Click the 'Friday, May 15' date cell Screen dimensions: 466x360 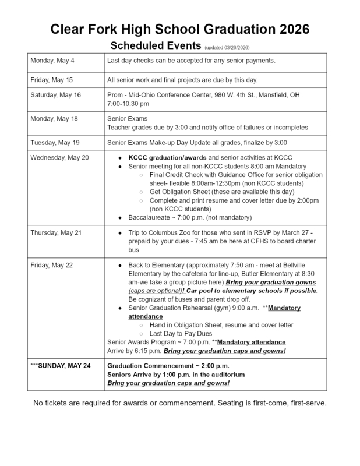click(x=50, y=80)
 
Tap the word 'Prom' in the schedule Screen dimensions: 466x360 click(x=116, y=94)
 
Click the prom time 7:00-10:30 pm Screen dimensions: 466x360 click(x=129, y=103)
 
